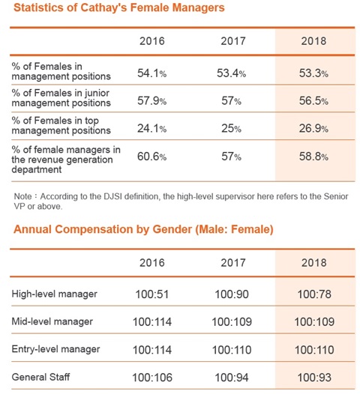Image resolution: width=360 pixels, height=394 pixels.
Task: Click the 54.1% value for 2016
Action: click(151, 73)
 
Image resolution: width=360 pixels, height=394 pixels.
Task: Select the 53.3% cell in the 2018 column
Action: click(313, 73)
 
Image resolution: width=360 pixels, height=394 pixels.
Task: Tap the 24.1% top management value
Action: click(151, 128)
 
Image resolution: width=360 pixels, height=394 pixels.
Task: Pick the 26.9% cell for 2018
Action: click(313, 128)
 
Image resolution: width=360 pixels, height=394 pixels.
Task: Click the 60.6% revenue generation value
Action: click(151, 157)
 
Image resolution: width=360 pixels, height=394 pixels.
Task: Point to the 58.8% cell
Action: click(313, 157)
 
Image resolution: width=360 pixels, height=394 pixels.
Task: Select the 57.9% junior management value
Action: click(151, 101)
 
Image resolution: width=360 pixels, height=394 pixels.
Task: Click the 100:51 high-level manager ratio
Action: click(152, 294)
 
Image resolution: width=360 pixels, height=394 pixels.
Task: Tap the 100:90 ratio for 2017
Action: click(232, 294)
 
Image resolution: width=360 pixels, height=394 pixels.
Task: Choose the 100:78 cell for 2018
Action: click(314, 294)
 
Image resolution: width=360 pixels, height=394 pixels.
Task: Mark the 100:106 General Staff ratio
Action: click(152, 378)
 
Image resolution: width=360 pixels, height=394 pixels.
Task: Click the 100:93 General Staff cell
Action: click(314, 378)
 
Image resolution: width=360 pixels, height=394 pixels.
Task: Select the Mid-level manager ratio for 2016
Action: click(152, 322)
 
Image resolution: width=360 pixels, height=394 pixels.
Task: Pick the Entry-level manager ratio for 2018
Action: click(314, 350)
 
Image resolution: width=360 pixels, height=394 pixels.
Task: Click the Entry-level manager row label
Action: click(55, 349)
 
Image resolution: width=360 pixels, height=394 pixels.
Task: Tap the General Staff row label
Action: click(40, 377)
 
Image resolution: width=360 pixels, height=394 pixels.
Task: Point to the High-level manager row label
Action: click(54, 294)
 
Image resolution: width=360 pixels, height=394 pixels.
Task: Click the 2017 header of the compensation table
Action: click(233, 263)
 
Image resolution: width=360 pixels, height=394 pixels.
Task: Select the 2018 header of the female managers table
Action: click(313, 41)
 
